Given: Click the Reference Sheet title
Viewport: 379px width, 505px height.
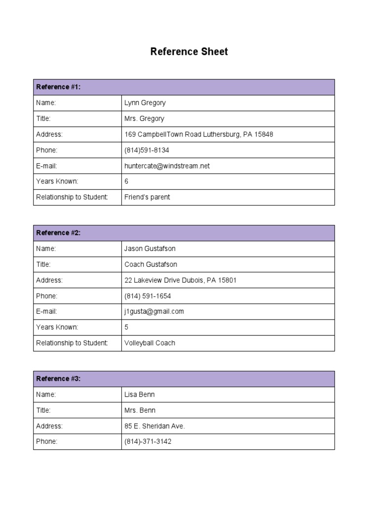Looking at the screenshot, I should pos(189,52).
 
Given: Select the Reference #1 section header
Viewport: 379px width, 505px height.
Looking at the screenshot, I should pos(58,87).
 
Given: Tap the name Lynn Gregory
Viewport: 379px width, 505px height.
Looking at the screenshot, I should pos(145,103).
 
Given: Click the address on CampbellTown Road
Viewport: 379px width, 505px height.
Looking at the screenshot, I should pos(198,134).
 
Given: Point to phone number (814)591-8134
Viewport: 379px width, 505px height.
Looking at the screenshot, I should pos(147,150).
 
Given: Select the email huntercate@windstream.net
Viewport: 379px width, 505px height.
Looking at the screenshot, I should pos(167,166).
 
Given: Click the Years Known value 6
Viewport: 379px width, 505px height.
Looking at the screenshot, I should pos(126,181).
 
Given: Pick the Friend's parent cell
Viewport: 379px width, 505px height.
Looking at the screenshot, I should pos(147,197).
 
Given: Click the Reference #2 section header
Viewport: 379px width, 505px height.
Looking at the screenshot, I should pos(58,233).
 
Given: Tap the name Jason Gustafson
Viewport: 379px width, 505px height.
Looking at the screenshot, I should pos(150,249).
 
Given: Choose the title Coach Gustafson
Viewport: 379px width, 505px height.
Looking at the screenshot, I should pos(151,264).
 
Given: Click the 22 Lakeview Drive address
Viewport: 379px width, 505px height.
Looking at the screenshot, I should pos(180,280).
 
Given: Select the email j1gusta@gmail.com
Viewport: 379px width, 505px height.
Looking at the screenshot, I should pos(154,312).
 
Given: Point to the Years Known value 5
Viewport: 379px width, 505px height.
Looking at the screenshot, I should pos(126,327).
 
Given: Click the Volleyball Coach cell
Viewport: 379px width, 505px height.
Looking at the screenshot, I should pos(150,343).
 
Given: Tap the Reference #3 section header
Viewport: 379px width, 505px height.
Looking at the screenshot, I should pos(58,379).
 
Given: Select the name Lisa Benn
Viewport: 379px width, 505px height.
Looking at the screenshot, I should pos(140,395).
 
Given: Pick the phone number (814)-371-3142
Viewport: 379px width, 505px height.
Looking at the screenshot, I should pos(148,442).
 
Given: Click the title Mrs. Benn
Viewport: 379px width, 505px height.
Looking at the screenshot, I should pos(140,410).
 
